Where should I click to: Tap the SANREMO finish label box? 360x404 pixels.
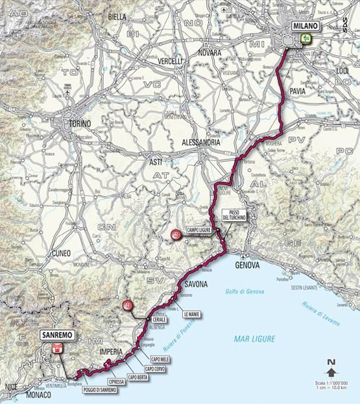click(57, 335)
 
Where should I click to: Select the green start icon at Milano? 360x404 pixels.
click(303, 38)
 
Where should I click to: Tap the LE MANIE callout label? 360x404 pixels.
click(193, 313)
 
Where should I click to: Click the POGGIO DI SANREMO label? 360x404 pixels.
click(100, 389)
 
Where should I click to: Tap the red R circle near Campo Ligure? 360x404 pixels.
click(175, 235)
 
